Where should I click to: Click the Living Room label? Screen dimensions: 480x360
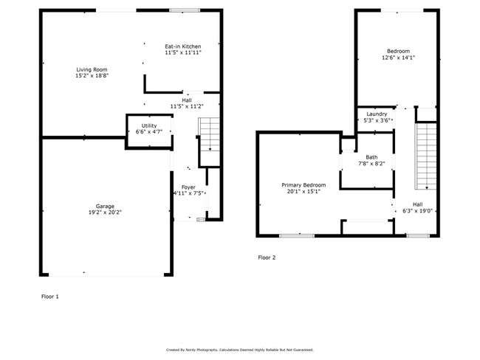92,69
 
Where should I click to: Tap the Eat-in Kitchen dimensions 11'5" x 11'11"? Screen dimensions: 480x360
183,52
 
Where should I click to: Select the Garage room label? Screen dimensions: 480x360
105,207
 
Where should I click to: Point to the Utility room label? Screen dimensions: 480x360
149,125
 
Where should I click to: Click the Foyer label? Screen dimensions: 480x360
188,187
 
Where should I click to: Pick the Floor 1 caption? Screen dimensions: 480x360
50,297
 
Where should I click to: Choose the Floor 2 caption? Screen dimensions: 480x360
267,257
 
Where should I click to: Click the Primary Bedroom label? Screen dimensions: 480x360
304,185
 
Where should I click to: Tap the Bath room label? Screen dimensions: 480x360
371,157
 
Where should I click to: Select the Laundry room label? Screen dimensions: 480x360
377,114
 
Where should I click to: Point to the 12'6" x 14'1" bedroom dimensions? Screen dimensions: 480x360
398,58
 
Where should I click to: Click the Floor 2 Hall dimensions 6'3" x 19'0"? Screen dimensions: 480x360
417,211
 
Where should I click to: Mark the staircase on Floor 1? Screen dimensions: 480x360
210,134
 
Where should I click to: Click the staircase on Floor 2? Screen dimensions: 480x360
426,156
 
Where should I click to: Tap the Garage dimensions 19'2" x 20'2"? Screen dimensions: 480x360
105,212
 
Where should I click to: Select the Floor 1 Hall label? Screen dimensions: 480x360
187,100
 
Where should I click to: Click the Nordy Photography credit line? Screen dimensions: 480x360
240,350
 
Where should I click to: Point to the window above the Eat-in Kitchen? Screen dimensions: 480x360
185,10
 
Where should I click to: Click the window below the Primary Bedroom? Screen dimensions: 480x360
297,236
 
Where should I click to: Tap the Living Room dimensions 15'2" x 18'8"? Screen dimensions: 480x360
92,75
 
